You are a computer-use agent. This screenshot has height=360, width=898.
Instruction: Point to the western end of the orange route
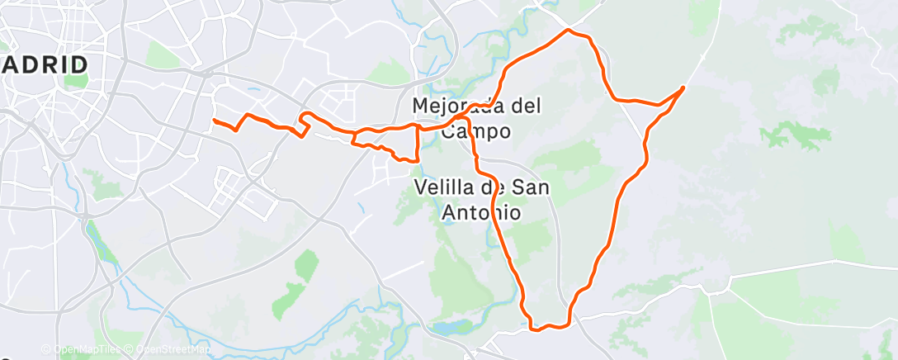(215, 121)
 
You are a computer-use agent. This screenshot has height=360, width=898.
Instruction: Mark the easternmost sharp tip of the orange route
(683, 87)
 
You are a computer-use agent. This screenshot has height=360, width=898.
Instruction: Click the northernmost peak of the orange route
(568, 31)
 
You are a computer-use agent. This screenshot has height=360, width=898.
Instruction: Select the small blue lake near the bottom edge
(449, 327)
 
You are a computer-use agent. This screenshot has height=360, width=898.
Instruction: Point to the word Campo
(475, 131)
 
